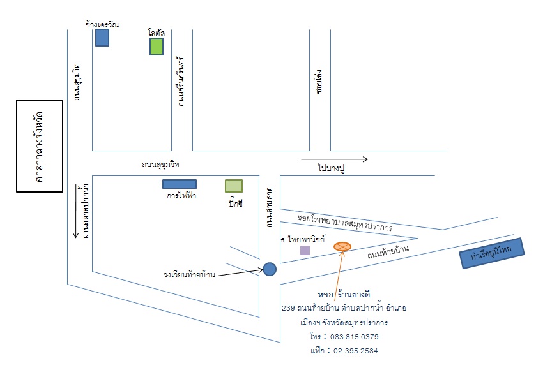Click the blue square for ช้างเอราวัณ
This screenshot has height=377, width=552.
(102, 38)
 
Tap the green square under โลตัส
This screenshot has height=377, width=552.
(157, 47)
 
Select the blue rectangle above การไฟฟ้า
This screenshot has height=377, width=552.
(179, 184)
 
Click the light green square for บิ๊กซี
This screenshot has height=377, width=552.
(234, 186)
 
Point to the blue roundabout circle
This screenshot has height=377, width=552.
(270, 269)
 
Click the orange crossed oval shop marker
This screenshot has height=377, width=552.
(342, 246)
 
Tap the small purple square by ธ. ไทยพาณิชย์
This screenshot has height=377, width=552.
(305, 251)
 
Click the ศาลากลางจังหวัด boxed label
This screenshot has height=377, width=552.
(39, 146)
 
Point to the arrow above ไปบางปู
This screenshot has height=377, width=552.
(334, 159)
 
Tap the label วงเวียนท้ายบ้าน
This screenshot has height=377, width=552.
(188, 275)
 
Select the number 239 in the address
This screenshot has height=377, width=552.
(288, 308)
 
